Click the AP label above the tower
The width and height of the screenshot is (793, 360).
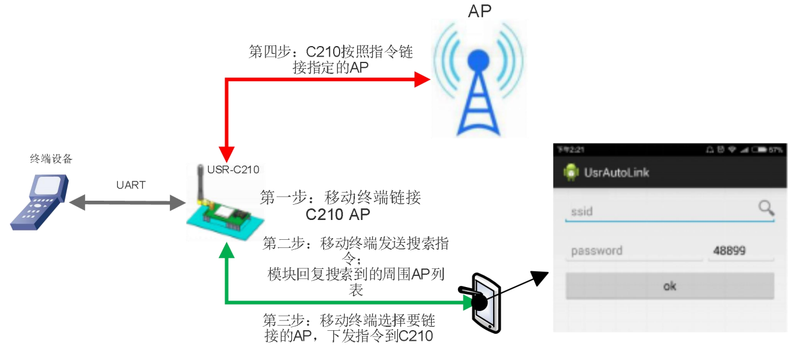480,11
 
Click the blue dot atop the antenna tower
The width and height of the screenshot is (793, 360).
478,60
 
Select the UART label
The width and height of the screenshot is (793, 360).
131,185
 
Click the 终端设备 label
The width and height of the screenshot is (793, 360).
51,159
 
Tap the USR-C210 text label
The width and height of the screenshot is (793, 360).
233,170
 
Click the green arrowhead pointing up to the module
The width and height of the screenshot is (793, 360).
226,251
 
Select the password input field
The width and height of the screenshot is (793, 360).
634,251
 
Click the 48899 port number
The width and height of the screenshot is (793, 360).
729,251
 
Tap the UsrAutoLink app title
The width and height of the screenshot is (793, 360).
616,173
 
